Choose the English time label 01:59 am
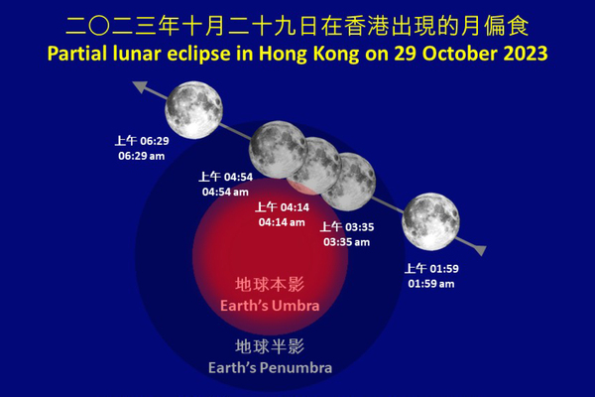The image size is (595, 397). [x=430, y=284]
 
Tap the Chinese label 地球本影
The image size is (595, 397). [x=270, y=285]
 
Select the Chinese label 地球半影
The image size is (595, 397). [x=270, y=346]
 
